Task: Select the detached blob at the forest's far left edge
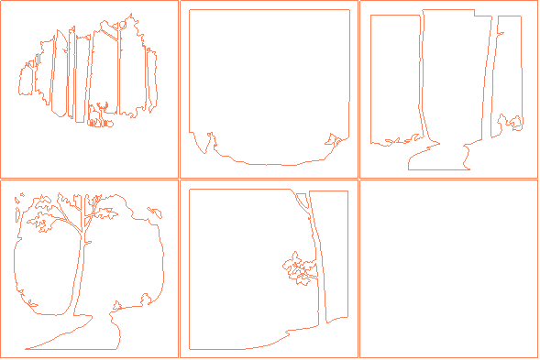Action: pos(25,81)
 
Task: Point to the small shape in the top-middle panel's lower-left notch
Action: pos(210,138)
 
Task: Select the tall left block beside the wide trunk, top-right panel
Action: pos(394,78)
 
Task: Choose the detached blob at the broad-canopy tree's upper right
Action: pos(154,212)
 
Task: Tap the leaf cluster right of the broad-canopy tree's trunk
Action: pos(106,213)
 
